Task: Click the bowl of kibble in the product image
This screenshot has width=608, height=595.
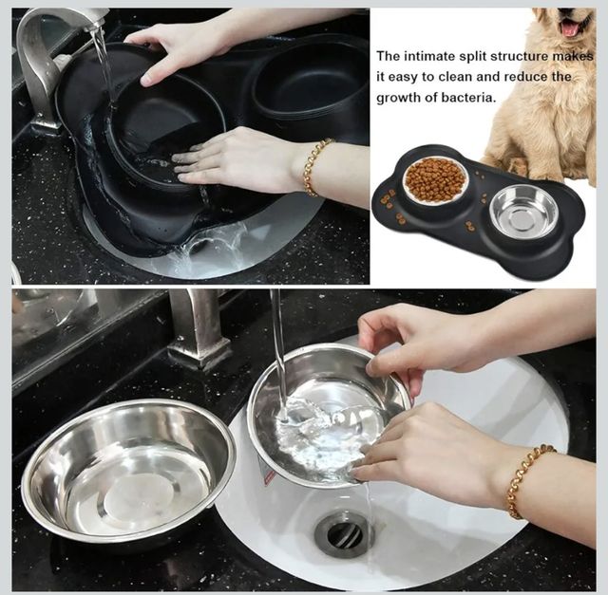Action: pos(436,179)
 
